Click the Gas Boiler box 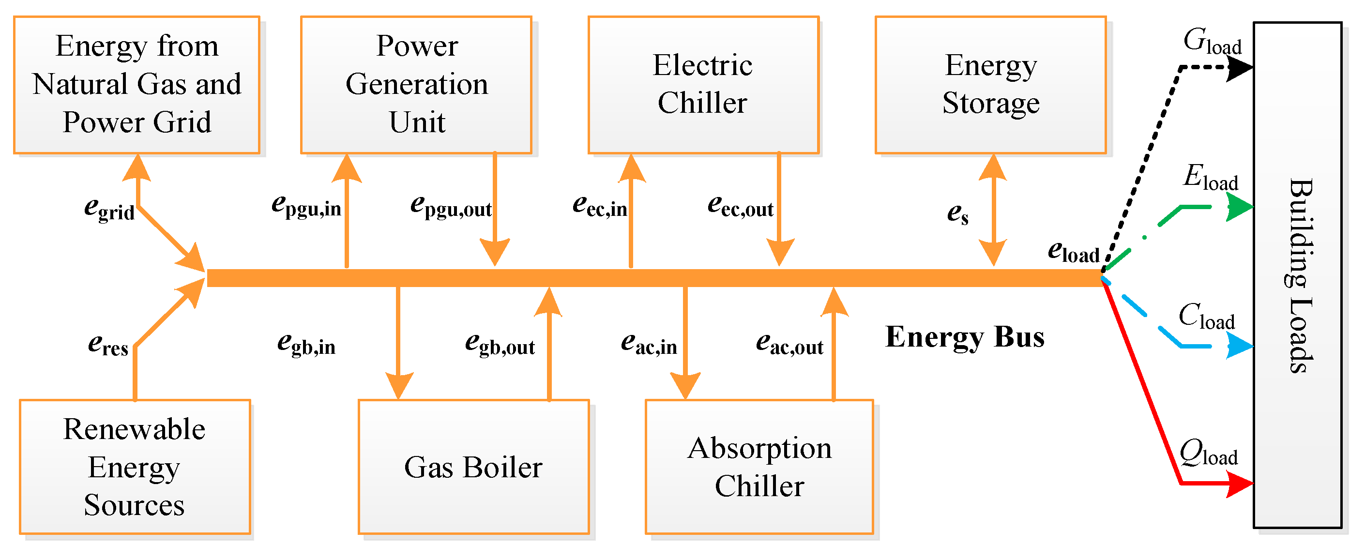tap(473, 467)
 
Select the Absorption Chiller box tap(759, 467)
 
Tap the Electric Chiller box tap(703, 85)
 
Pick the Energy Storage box tap(990, 85)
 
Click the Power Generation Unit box tap(416, 85)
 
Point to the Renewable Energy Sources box tap(135, 467)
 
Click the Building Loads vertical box tap(1297, 275)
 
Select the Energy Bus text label tap(964, 337)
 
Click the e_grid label tap(109, 208)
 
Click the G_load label tap(1213, 41)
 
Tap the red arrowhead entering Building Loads tap(1240, 484)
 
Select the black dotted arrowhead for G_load tap(1240, 68)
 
